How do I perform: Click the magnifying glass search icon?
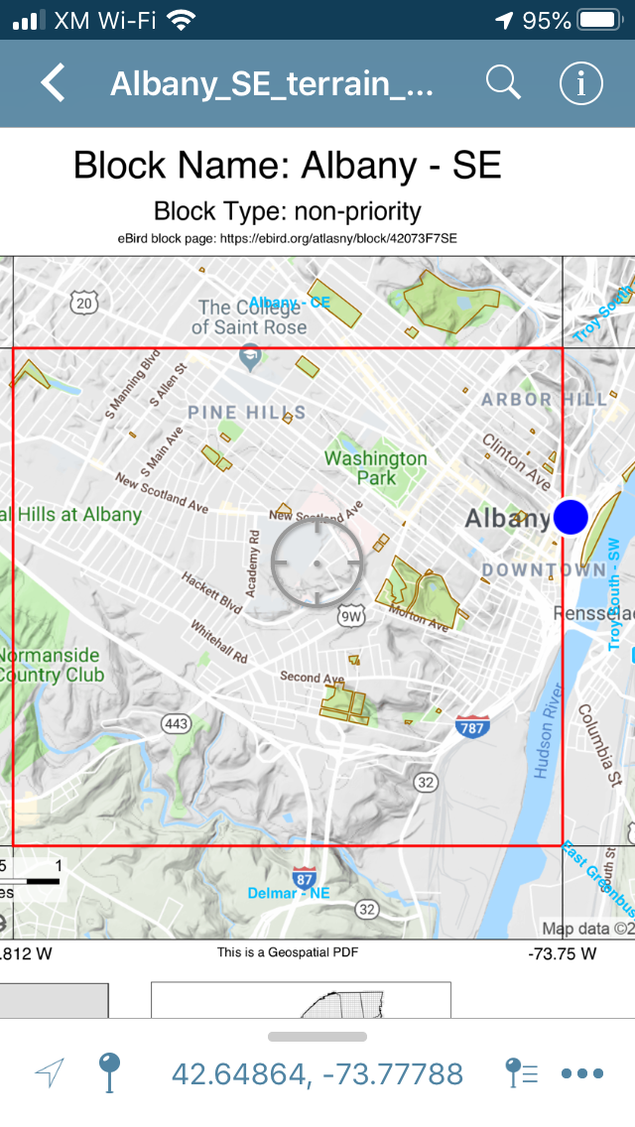click(x=503, y=83)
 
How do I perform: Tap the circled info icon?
click(x=580, y=83)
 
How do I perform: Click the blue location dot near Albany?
click(x=571, y=516)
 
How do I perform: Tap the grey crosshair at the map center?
click(x=317, y=562)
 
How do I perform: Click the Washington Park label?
click(x=376, y=467)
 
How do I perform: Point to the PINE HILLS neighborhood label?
click(x=247, y=412)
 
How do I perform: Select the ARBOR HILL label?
click(x=544, y=399)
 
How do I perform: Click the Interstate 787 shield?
click(x=472, y=727)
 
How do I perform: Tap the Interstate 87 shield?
click(x=306, y=878)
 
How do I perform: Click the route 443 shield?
click(x=176, y=723)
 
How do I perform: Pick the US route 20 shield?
click(x=84, y=302)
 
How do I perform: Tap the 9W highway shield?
click(x=351, y=616)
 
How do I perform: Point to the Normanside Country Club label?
click(x=50, y=665)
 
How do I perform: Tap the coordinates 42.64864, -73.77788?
click(x=317, y=1073)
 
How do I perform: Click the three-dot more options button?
click(x=582, y=1073)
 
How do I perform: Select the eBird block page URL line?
click(x=288, y=238)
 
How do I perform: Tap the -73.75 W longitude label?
click(x=563, y=954)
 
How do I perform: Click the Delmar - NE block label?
click(x=288, y=893)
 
